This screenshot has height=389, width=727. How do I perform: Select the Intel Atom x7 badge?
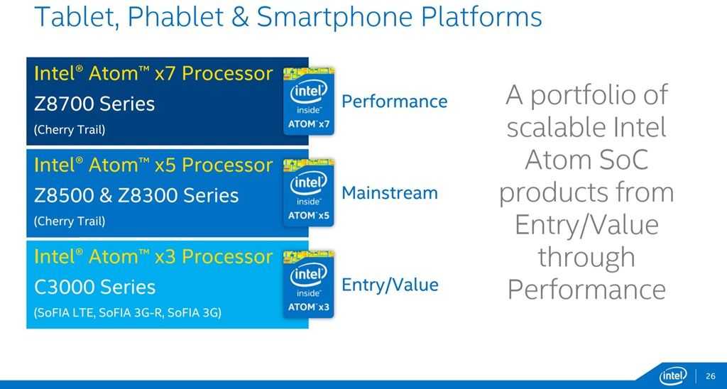click(309, 101)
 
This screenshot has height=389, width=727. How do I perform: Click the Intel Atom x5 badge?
click(309, 192)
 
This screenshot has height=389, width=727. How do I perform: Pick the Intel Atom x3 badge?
click(309, 284)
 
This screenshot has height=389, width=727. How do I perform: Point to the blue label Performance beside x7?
click(395, 102)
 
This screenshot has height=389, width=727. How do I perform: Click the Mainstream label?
click(390, 193)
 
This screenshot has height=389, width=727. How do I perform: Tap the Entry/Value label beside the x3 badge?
click(390, 285)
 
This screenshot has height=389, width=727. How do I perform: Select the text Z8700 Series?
click(94, 104)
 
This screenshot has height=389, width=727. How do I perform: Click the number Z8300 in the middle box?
click(146, 196)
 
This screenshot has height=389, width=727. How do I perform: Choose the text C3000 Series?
click(94, 287)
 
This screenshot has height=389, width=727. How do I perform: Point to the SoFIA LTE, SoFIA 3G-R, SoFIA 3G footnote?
click(128, 313)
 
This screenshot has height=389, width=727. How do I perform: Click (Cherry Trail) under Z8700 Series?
click(70, 130)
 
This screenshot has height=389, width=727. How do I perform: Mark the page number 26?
click(710, 376)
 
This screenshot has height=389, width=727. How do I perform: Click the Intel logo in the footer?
click(673, 376)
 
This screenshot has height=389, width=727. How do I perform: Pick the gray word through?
click(586, 258)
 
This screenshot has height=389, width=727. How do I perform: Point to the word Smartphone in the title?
click(335, 18)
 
